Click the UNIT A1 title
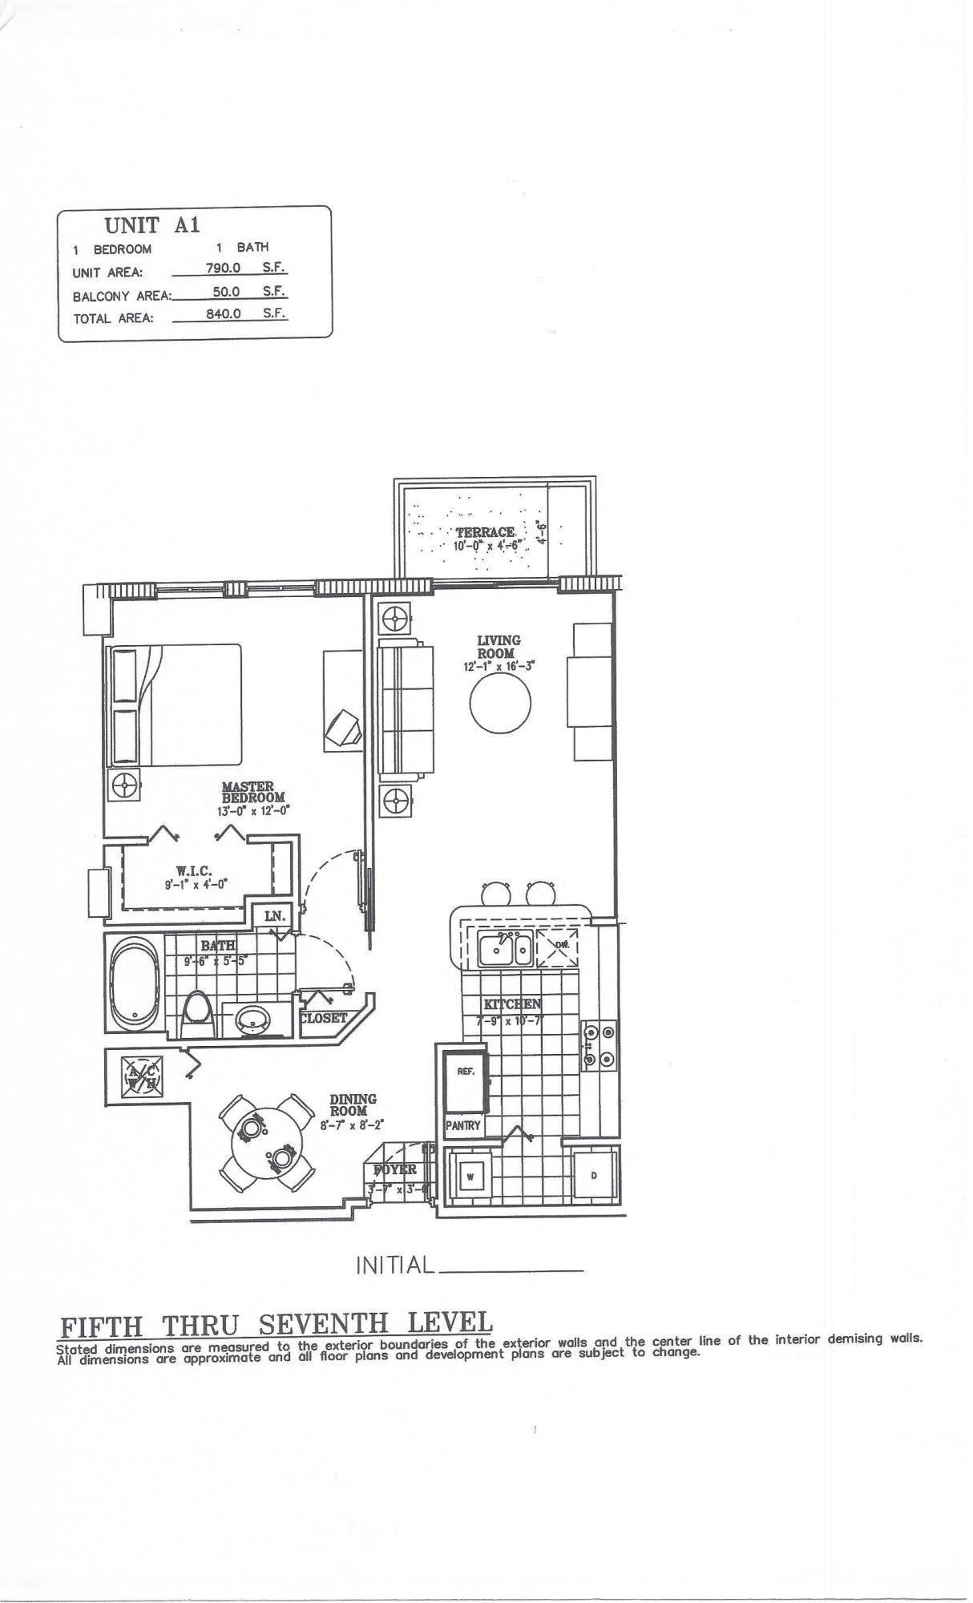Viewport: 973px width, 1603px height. (152, 225)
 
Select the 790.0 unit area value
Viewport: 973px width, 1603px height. (224, 268)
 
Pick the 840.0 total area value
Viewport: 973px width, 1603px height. (224, 313)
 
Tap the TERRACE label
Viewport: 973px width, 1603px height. (485, 532)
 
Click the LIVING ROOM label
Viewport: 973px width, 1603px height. (499, 647)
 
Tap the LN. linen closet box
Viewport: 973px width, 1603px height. (274, 916)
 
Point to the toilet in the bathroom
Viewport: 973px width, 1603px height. (196, 1016)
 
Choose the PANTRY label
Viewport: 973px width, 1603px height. (463, 1125)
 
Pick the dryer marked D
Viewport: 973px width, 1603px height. (595, 1176)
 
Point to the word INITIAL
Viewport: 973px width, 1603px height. (394, 1266)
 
